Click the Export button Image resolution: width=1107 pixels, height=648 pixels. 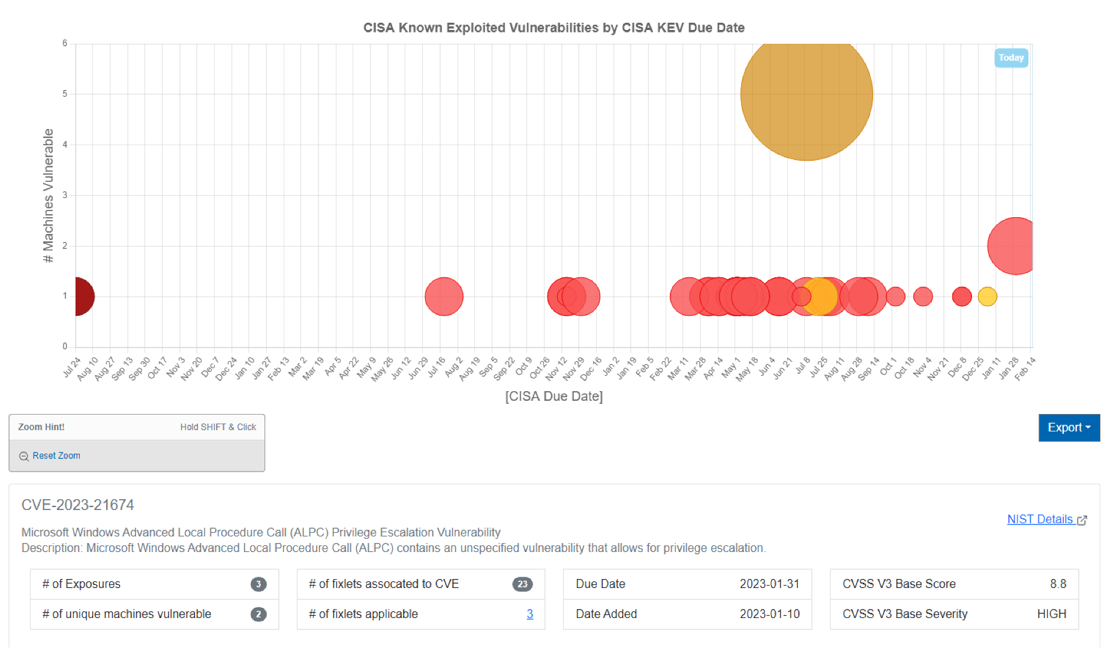tap(1069, 428)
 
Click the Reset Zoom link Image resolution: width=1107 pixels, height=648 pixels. tap(56, 456)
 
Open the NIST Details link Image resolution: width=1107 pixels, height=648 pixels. tap(1040, 520)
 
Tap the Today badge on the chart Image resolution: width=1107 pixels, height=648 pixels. tap(1011, 58)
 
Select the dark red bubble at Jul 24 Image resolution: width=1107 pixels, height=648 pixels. tap(79, 296)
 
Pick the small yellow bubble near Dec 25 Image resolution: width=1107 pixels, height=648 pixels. tap(987, 296)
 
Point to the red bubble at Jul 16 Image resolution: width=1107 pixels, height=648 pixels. tap(444, 296)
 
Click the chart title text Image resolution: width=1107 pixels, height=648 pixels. tap(553, 28)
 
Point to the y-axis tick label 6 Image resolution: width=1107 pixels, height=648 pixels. tap(65, 43)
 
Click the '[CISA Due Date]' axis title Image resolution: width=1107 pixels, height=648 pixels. tap(553, 396)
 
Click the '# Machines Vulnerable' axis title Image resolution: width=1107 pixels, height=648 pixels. tap(48, 196)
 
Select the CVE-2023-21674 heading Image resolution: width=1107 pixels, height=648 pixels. tap(78, 505)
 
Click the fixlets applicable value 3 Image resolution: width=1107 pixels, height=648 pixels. tap(530, 614)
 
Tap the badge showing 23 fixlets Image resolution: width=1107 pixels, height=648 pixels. tap(522, 584)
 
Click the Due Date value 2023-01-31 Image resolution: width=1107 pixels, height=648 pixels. tap(769, 584)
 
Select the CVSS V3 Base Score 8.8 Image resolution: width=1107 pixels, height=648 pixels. tap(1058, 584)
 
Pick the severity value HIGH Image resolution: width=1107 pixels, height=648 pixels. tap(1051, 614)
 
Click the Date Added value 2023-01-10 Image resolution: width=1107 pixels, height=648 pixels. tap(769, 614)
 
